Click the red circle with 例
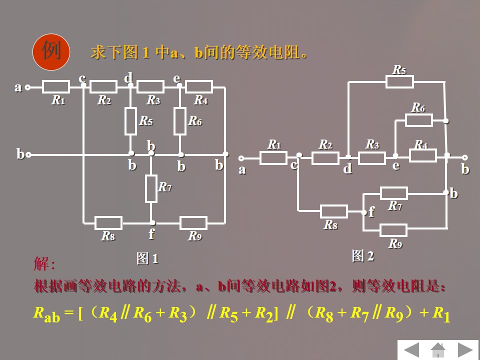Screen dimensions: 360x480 point(50,51)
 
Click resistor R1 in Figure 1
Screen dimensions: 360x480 point(56,87)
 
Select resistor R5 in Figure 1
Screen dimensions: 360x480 point(130,121)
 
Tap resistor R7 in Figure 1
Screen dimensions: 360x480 point(151,188)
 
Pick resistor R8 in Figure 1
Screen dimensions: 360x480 point(108,223)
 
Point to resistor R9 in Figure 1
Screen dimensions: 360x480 point(193,223)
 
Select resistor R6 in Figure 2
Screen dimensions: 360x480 point(419,120)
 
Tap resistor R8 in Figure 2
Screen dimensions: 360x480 point(333,211)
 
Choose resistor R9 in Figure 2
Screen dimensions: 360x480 point(393,230)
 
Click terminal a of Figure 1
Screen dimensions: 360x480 point(28,87)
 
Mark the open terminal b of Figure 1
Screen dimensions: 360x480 point(28,155)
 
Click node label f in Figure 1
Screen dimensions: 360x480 point(151,233)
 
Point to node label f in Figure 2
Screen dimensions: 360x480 point(371,212)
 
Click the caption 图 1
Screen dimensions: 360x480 point(147,258)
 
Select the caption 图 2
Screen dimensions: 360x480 point(363,256)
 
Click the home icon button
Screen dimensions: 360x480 point(438,349)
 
